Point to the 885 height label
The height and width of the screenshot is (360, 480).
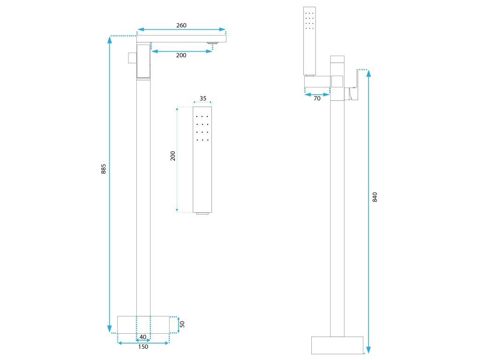tap(104, 169)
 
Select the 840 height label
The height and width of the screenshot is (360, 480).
tap(375, 197)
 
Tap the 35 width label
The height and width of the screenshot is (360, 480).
tap(202, 98)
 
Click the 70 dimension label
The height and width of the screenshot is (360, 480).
tap(317, 98)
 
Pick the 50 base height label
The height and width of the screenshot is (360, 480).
tap(182, 324)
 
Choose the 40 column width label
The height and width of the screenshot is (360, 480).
tap(143, 337)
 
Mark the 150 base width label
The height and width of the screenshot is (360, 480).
tap(143, 347)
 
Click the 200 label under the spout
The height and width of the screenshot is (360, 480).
tap(181, 55)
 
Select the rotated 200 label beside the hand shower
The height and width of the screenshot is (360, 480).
tap(173, 156)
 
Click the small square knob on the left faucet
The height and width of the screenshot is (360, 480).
tap(132, 58)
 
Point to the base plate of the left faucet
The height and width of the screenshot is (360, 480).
tap(143, 324)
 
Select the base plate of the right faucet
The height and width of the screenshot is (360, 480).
tap(337, 345)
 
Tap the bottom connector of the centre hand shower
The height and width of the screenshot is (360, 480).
tap(202, 214)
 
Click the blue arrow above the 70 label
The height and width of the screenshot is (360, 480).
tap(317, 94)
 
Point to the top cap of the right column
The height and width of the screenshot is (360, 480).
tap(337, 59)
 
